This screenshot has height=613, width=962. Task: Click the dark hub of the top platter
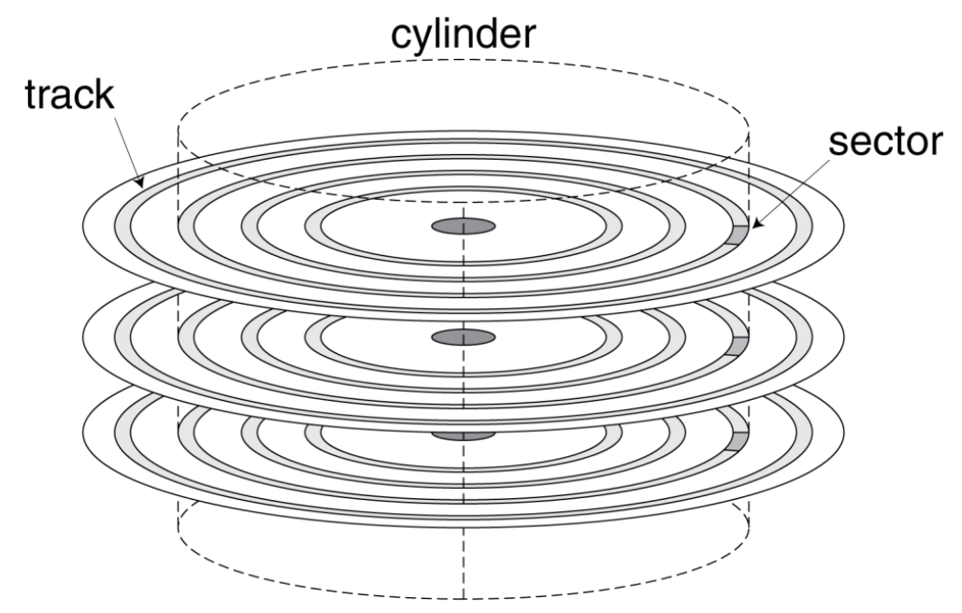[x=464, y=226]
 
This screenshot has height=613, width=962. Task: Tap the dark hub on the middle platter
[x=464, y=336]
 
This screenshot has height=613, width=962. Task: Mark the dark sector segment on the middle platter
[x=739, y=344]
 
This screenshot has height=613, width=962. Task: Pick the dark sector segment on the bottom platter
[x=739, y=441]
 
